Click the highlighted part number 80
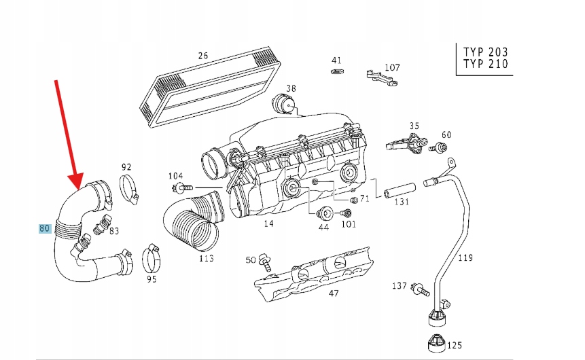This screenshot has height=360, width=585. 45,229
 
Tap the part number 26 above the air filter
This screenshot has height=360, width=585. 202,56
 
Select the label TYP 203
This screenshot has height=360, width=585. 485,52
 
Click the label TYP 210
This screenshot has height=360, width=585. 485,65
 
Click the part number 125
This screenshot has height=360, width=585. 454,345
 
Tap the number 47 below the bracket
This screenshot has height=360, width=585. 333,293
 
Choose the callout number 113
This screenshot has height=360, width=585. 206,258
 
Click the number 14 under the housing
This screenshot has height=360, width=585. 268,223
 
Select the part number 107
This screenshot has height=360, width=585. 392,67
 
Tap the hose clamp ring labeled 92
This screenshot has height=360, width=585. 129,189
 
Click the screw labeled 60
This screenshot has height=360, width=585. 442,147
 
